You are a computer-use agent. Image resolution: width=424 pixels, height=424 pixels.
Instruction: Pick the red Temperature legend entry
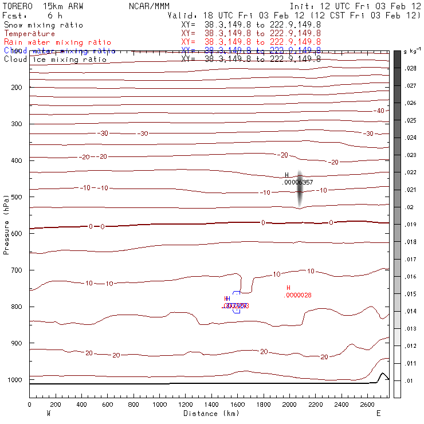[x=29, y=34]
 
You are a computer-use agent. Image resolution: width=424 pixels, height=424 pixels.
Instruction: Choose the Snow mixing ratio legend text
[x=43, y=25]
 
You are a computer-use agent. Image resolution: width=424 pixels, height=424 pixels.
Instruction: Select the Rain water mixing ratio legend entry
[x=57, y=42]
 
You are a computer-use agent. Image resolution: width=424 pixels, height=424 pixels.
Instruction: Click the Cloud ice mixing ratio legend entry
[x=55, y=60]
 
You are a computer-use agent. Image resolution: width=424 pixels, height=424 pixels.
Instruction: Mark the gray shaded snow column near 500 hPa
[x=299, y=189]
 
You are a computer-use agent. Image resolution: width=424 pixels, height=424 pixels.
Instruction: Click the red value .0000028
[x=298, y=295]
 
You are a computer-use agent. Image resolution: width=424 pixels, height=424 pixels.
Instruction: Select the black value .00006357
[x=299, y=182]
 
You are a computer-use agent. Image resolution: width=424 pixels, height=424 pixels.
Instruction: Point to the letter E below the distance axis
[x=378, y=413]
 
